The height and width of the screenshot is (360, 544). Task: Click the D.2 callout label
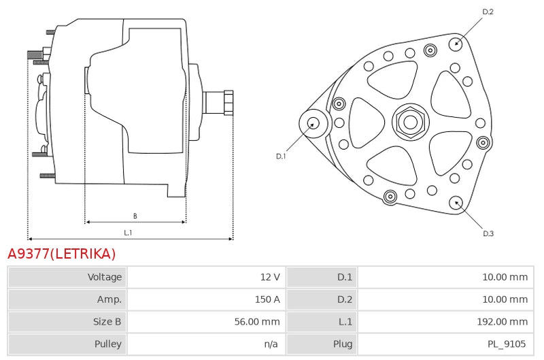pos(488,12)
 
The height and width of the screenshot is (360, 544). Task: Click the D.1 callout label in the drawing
pos(281,157)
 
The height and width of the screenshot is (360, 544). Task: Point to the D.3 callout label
pos(488,233)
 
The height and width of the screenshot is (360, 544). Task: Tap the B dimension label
pos(135,216)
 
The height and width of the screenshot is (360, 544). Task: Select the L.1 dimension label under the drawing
pos(128,233)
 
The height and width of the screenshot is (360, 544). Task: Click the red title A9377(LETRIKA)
pos(61,254)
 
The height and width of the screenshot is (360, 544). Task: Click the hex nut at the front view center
pos(411,122)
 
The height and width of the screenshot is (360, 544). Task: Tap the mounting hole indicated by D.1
pos(313,123)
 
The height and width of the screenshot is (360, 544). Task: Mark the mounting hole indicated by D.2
pos(456,44)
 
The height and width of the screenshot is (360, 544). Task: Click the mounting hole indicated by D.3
pos(456,203)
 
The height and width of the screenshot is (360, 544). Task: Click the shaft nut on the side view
pos(228,102)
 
